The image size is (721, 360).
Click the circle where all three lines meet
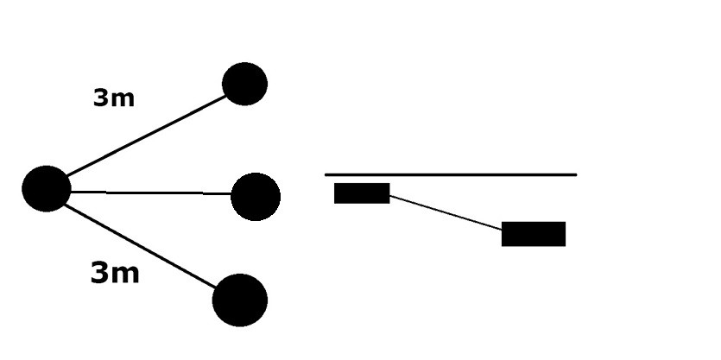[47, 188]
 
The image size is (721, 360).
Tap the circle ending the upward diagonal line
[244, 84]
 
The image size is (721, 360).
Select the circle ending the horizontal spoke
[256, 197]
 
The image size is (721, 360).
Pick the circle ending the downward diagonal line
[239, 300]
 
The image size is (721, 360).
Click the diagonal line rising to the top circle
[146, 136]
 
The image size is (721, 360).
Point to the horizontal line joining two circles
[151, 193]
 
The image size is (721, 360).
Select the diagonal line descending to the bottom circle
[140, 246]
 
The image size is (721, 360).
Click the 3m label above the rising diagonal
[114, 98]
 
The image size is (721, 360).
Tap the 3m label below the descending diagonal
[115, 273]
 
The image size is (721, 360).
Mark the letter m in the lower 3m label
[124, 275]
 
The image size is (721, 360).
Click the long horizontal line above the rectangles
[451, 174]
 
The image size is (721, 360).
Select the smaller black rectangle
[362, 193]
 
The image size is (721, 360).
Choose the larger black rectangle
[534, 234]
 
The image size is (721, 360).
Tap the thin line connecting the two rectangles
[446, 212]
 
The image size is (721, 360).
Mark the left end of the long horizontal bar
[326, 174]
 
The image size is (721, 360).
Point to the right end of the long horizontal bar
[576, 174]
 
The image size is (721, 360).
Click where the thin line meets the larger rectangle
[502, 229]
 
